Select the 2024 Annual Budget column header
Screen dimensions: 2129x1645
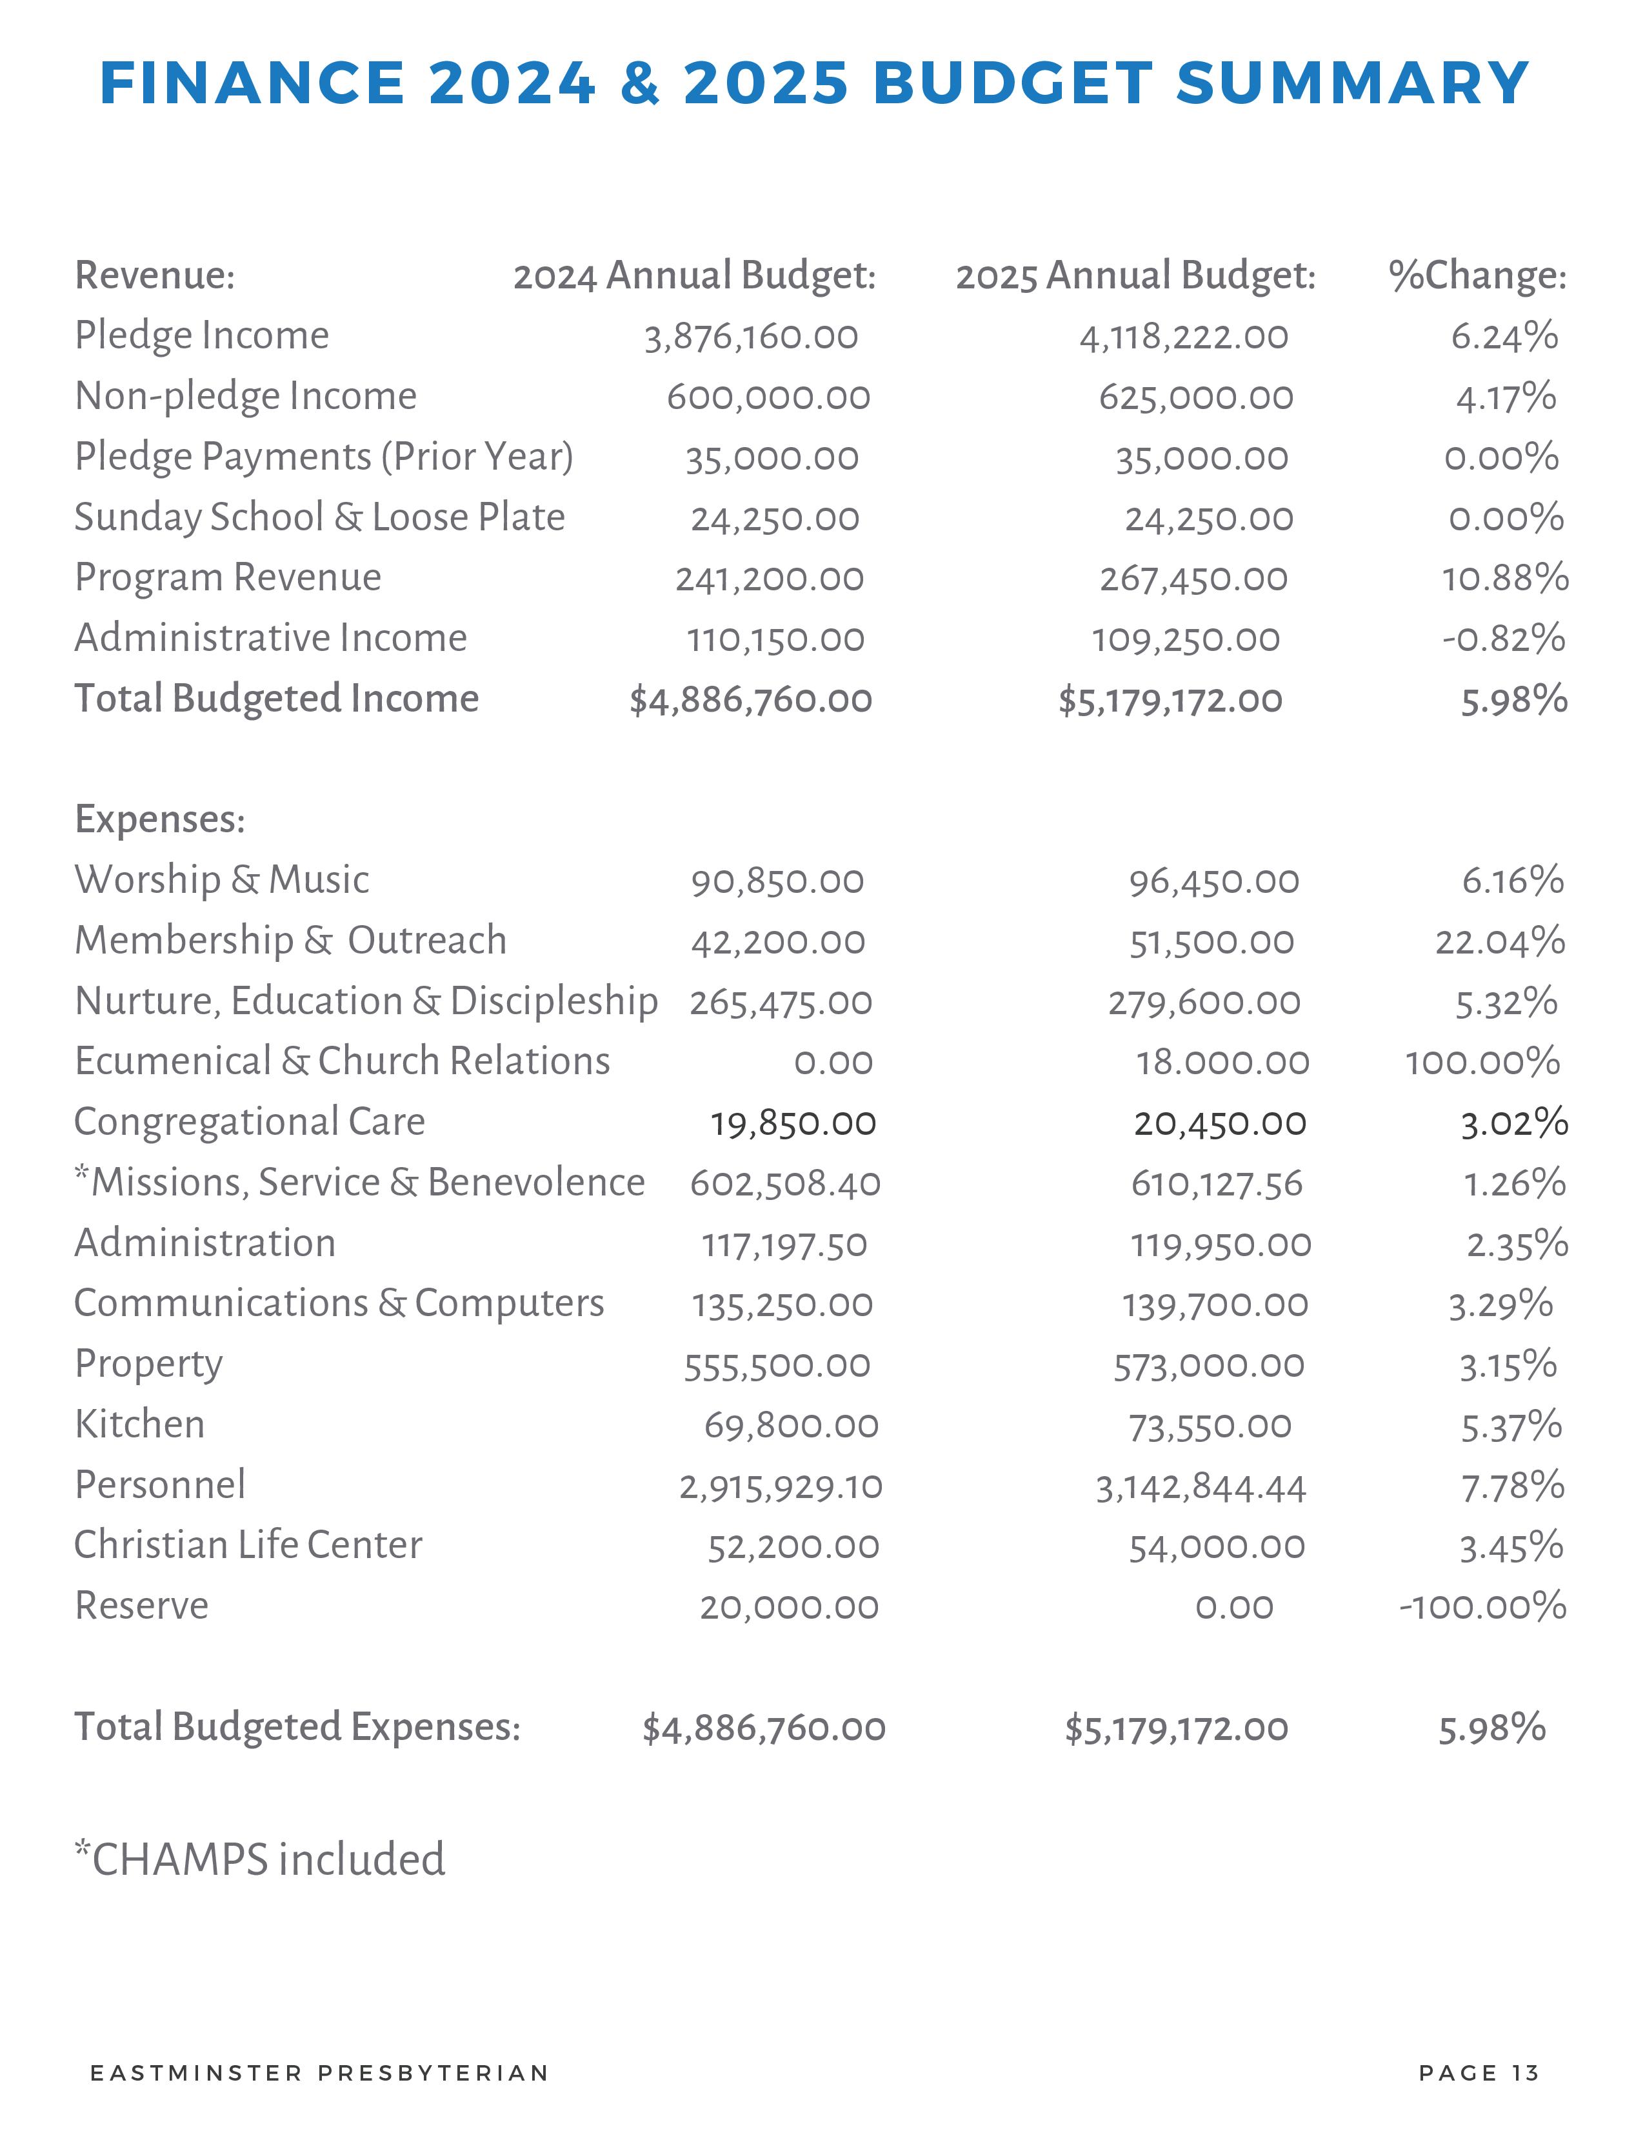point(694,276)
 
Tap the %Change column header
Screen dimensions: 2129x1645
point(1477,276)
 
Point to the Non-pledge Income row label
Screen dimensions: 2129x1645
point(246,395)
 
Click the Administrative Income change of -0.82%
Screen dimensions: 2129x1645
point(1504,639)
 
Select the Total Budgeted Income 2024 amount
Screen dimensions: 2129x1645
point(750,700)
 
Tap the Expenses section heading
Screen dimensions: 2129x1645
point(160,819)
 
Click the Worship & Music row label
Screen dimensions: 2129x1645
point(222,880)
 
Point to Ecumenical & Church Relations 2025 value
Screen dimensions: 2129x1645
point(1222,1063)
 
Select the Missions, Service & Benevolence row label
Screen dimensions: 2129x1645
point(361,1183)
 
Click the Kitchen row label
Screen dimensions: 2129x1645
point(139,1425)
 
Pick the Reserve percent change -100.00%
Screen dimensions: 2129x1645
point(1482,1606)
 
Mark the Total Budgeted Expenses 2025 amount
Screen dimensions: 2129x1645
point(1176,1729)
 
